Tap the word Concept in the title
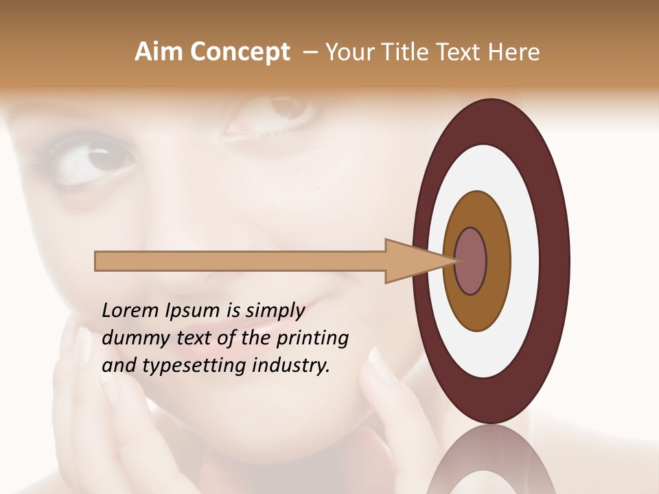[240, 52]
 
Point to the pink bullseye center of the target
[470, 261]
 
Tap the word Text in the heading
[460, 52]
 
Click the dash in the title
[310, 52]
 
